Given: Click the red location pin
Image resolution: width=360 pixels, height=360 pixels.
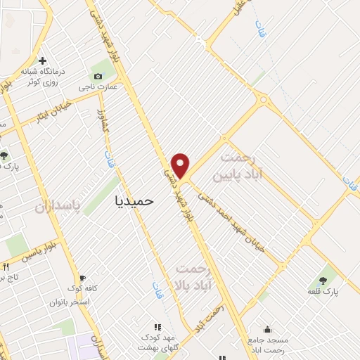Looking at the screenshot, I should click(181, 165).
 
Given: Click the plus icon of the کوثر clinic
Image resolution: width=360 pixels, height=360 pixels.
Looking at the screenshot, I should click(44, 61).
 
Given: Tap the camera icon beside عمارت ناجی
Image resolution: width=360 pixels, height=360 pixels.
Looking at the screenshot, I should click(97, 75).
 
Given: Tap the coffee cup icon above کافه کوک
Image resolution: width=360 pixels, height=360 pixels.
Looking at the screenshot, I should click(82, 278).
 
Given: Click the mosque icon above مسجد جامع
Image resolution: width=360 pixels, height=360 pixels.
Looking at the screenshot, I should click(267, 328).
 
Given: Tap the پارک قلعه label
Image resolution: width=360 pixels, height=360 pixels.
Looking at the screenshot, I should click(323, 290).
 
